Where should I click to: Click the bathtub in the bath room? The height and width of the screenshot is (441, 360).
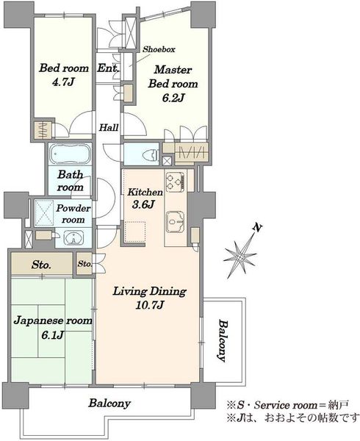[x=70, y=154]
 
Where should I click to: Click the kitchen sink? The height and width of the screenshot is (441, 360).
[x=175, y=222]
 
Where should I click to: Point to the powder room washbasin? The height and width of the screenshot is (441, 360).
[x=73, y=238]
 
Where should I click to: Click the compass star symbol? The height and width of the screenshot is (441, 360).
[x=240, y=255]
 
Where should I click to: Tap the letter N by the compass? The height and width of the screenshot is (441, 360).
[x=256, y=228]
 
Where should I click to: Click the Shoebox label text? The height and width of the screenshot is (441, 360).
[x=159, y=49]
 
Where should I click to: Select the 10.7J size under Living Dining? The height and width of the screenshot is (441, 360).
[x=149, y=305]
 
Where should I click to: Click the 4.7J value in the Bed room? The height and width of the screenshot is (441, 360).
[x=63, y=82]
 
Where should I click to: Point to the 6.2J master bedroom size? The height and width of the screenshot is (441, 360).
[x=173, y=98]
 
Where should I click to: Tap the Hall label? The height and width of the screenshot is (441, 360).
[x=109, y=128]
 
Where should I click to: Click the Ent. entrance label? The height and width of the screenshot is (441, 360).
[x=108, y=68]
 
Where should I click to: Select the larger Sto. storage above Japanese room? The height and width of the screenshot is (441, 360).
[x=42, y=265]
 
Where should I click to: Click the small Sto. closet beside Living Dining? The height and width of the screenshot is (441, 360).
[x=84, y=264]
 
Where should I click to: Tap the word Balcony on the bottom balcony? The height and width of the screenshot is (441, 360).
[x=109, y=404]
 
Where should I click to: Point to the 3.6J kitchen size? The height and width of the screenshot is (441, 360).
[x=143, y=204]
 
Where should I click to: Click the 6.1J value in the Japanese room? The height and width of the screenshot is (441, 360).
[x=52, y=335]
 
